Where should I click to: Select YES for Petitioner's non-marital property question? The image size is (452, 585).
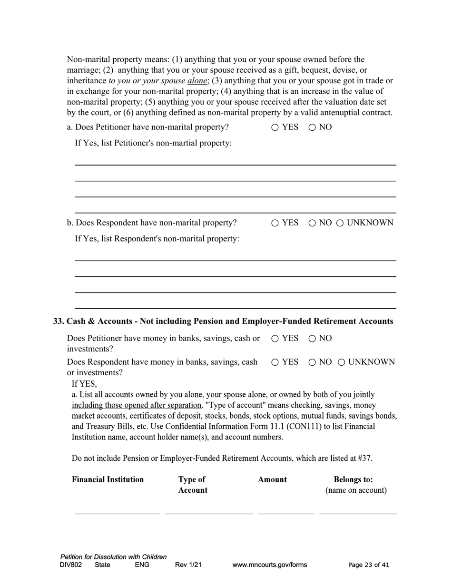coord(275,127)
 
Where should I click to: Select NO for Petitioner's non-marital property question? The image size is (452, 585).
coord(312,127)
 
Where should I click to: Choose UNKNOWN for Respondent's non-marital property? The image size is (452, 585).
coord(340,223)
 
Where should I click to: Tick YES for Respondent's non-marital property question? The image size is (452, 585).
coord(275,223)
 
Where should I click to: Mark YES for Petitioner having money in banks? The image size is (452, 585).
coord(275,339)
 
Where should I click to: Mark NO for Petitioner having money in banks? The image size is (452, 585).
coord(312,339)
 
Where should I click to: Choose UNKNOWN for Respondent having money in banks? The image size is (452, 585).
coord(342,362)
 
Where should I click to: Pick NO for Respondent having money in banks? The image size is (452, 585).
coord(312,362)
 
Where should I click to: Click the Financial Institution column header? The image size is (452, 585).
coord(108,479)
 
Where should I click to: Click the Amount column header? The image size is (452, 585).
coord(272,479)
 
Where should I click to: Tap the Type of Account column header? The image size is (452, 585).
coord(193,485)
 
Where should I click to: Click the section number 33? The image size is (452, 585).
coord(59,322)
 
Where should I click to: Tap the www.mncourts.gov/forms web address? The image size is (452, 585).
coord(269,565)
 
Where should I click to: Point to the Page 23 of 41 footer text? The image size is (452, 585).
coord(368,565)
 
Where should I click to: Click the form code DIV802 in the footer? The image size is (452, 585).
coord(71,565)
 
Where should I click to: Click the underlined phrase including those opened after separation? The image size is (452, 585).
coord(136,405)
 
